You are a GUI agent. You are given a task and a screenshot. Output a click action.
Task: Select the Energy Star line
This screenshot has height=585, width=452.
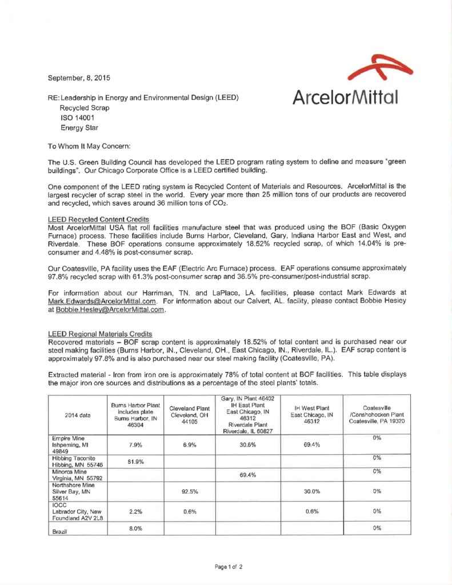click(79, 128)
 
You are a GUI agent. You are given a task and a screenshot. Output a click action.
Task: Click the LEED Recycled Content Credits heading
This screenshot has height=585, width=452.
click(98, 219)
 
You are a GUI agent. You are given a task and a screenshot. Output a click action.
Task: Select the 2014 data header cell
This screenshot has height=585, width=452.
click(78, 415)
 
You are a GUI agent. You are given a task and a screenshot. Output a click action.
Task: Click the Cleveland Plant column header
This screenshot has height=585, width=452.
click(189, 415)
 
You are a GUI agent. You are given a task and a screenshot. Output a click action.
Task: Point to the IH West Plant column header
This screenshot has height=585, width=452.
click(311, 415)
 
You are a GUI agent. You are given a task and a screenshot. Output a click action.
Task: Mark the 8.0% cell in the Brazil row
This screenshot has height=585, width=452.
click(135, 528)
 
